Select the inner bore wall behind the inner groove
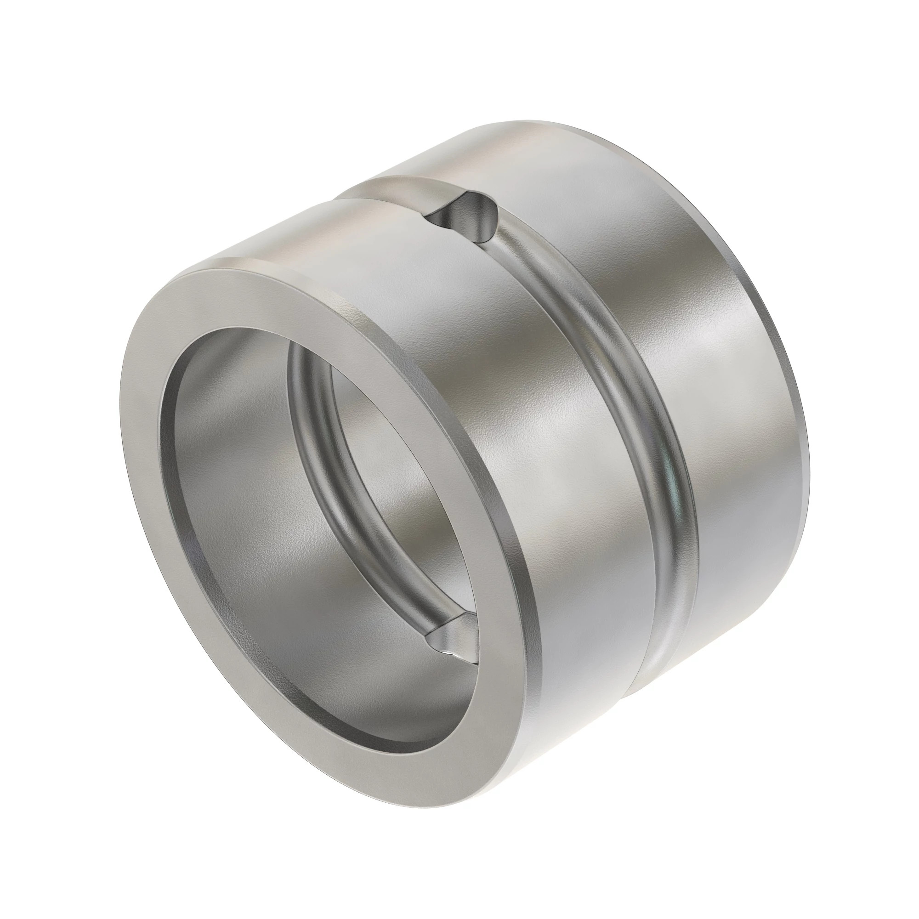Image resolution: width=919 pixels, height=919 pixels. coord(380,428)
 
